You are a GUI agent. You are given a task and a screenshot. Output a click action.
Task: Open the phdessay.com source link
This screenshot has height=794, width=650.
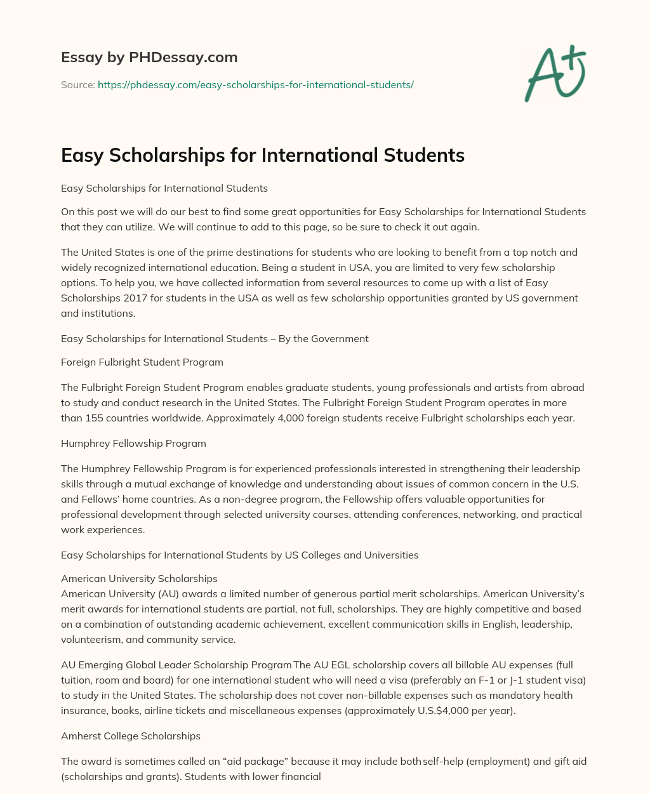point(256,84)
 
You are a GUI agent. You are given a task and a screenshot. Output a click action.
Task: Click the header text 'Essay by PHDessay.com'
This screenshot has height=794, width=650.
point(149,58)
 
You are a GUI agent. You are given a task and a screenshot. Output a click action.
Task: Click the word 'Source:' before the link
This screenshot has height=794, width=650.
point(77,84)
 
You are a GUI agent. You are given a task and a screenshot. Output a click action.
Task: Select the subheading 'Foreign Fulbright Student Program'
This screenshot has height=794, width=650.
point(142,362)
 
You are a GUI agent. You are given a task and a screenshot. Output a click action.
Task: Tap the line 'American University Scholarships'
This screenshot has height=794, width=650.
point(139,579)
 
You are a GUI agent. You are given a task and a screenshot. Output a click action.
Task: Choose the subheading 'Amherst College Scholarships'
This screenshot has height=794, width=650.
point(131,736)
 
